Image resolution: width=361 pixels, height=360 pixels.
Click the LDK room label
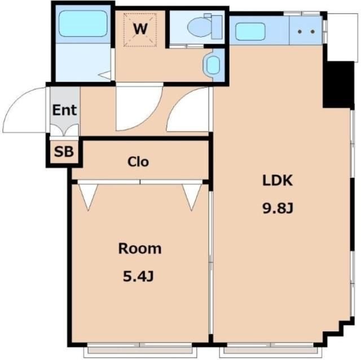[278, 180]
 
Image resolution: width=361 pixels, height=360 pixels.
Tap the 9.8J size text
[278, 208]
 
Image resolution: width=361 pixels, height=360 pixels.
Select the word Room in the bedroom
[140, 248]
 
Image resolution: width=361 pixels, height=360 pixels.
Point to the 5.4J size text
[138, 276]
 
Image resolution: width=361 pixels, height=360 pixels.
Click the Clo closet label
[138, 162]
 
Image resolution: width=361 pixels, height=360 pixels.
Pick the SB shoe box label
[64, 152]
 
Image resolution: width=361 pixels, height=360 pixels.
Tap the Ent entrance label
[64, 110]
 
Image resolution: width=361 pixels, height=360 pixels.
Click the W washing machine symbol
[140, 30]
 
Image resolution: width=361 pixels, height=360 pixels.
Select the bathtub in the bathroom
[83, 24]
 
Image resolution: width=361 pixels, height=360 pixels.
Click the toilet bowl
[199, 27]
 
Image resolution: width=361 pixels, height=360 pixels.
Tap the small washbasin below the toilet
[213, 65]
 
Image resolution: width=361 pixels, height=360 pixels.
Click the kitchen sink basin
[250, 32]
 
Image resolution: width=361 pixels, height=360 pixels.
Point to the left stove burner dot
[300, 32]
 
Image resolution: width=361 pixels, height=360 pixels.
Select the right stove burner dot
[312, 32]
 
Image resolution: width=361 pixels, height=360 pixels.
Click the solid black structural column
[338, 85]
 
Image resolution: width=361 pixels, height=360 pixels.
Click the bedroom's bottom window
[140, 349]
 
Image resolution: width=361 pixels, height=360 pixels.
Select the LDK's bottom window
[271, 349]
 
